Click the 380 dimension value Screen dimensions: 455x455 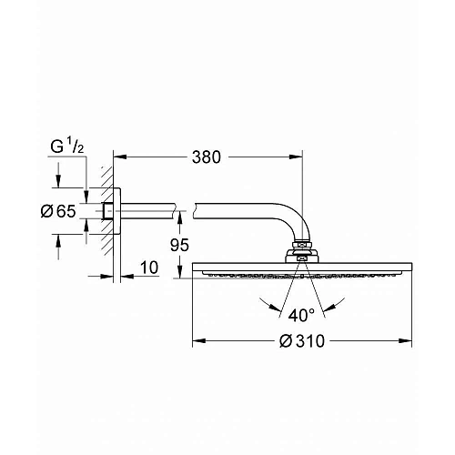(x=207, y=157)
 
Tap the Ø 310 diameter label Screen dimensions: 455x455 (x=302, y=341)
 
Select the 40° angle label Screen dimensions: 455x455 (x=301, y=315)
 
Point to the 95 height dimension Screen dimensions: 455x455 (x=179, y=245)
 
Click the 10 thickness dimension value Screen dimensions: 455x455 (x=149, y=268)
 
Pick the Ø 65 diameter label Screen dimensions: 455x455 (x=58, y=211)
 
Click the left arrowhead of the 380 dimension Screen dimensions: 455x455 (x=119, y=157)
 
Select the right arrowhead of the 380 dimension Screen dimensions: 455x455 (x=296, y=157)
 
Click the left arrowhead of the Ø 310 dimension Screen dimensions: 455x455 (x=199, y=341)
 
